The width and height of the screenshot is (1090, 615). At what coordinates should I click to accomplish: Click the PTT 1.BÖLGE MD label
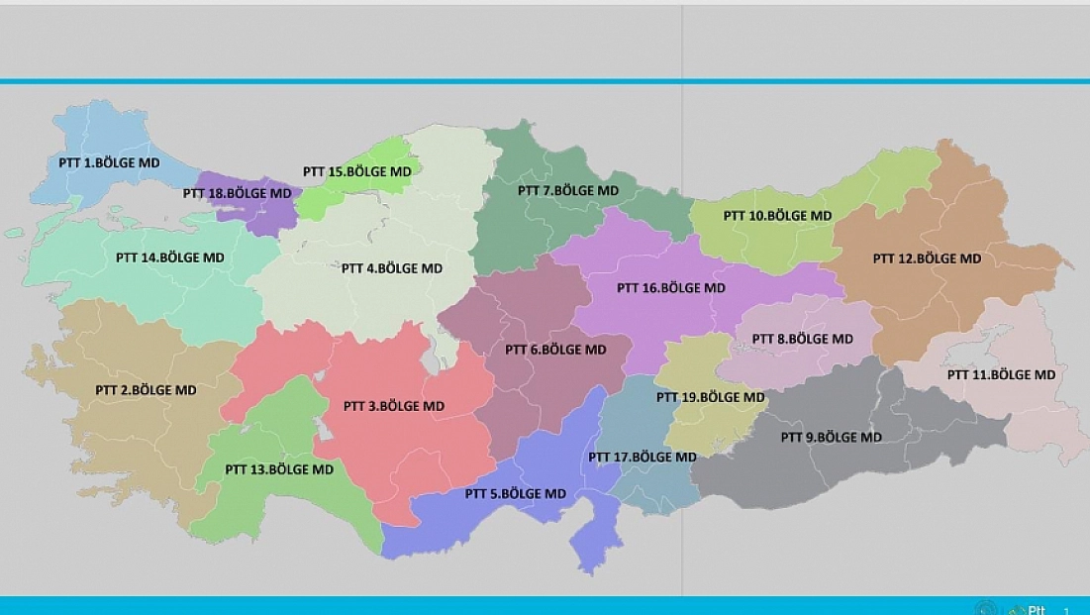point(98,162)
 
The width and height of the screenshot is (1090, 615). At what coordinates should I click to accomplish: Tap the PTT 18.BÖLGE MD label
point(238,193)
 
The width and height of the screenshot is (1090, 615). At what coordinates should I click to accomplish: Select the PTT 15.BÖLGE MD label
point(356,171)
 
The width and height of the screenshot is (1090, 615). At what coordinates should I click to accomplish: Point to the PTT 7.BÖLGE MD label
point(568,190)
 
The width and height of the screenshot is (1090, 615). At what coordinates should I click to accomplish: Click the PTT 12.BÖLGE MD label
point(927,258)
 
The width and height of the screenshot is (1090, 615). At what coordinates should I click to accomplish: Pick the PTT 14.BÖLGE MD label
point(170,257)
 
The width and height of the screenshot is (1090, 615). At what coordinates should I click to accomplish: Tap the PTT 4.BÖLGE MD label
point(392,268)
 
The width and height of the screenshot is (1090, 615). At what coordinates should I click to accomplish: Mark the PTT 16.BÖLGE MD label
point(671,288)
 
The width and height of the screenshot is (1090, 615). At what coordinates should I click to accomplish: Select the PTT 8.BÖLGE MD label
point(802,339)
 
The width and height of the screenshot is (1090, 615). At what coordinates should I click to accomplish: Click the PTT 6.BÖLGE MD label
point(555,350)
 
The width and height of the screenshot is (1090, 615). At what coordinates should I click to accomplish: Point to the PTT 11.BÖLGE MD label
point(1001,374)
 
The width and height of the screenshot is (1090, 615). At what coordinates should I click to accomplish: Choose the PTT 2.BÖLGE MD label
point(146,390)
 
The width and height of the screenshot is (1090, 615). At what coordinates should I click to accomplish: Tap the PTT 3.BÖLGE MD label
point(394,406)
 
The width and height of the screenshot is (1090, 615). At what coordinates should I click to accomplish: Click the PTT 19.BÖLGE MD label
point(711,397)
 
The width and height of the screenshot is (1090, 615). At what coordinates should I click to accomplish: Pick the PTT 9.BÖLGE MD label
point(831,437)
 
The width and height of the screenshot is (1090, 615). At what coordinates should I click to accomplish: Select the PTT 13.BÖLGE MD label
point(279,469)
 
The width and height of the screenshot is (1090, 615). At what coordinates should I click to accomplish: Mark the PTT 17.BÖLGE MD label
point(643,458)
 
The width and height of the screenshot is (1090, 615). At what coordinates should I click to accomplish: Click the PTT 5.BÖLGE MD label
point(516,493)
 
